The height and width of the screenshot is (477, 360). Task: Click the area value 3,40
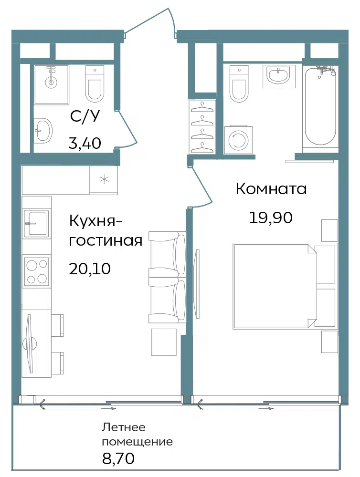tap(85, 143)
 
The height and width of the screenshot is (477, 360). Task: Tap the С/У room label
tap(85, 116)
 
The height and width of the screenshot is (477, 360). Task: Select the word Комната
tap(271, 189)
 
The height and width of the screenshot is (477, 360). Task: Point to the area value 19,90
tap(271, 218)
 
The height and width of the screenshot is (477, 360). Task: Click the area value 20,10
tap(90, 269)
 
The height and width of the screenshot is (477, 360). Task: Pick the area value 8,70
tap(118, 458)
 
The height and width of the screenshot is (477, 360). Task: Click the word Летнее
tap(123, 427)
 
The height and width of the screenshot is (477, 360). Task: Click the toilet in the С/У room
tap(95, 83)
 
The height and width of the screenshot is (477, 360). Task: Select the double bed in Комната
tap(285, 286)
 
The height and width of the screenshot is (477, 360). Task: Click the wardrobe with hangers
tap(202, 127)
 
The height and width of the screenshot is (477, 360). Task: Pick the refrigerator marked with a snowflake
tap(104, 180)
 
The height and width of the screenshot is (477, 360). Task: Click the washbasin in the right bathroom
tap(279, 76)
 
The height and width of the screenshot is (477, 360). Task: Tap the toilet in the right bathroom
tap(239, 83)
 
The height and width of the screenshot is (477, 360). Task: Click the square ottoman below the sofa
tap(164, 342)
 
